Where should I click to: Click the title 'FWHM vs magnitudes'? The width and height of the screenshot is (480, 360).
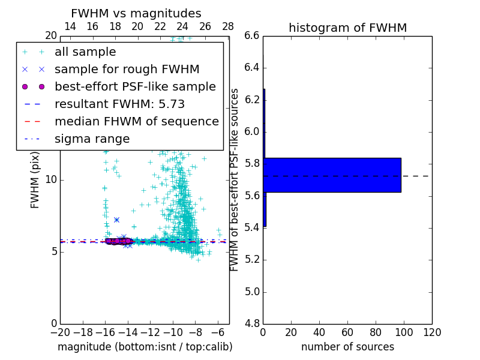point(136,14)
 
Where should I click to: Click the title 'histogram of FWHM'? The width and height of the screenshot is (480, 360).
point(347,28)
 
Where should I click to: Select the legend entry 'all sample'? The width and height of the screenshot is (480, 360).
point(85,52)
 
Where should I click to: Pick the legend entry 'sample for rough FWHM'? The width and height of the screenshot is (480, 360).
point(127,70)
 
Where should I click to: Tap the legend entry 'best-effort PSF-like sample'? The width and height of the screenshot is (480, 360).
point(135,86)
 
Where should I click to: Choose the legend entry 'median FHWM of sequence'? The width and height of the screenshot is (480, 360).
point(136,121)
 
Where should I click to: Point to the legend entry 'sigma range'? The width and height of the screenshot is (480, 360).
point(92,139)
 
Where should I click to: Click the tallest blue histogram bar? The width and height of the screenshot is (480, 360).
point(332,175)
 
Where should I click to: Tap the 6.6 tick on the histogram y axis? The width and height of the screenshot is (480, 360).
point(252,36)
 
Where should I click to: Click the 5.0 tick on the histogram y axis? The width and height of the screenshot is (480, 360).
point(252,292)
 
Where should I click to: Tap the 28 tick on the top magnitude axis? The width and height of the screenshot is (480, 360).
point(228,27)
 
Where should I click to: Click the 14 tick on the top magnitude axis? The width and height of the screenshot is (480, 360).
point(70,27)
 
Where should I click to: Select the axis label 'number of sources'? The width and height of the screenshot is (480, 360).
point(347,347)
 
